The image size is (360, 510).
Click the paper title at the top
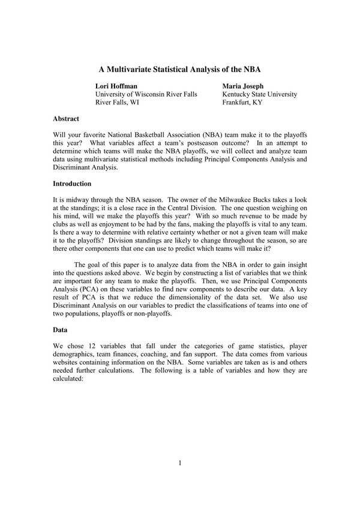179,70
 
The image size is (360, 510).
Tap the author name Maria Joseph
242,86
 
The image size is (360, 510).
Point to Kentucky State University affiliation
259,95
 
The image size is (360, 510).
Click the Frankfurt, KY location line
242,103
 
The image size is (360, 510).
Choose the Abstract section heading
66,119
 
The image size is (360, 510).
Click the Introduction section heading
72,184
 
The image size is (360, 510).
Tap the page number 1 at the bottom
179,463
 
